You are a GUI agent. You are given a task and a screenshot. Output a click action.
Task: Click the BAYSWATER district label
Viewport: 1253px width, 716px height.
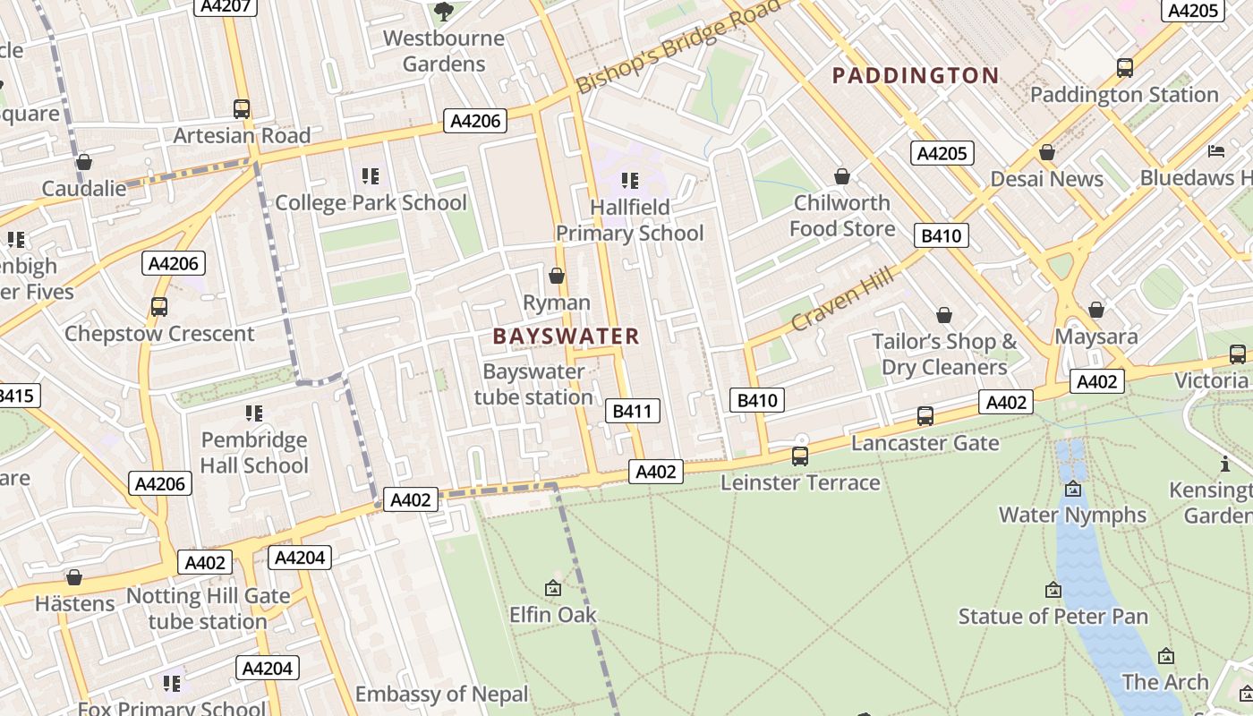pyautogui.click(x=566, y=337)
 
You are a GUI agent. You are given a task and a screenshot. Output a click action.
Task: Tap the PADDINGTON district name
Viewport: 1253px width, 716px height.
pyautogui.click(x=915, y=76)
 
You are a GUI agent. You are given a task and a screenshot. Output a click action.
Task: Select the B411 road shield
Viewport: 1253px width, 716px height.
pyautogui.click(x=633, y=411)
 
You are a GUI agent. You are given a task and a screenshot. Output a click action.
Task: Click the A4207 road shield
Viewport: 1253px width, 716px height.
pyautogui.click(x=226, y=6)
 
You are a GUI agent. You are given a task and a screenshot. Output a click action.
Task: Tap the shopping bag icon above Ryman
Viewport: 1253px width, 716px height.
pyautogui.click(x=557, y=276)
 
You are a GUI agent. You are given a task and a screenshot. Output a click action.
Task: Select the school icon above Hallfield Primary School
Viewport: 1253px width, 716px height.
pyautogui.click(x=630, y=181)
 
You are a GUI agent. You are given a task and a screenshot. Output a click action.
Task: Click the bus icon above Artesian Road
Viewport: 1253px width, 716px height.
pyautogui.click(x=242, y=109)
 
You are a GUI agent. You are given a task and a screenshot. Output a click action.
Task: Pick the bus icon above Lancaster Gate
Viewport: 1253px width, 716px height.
pyautogui.click(x=925, y=416)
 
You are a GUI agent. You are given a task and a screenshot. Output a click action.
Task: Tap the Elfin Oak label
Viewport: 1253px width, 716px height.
pyautogui.click(x=552, y=615)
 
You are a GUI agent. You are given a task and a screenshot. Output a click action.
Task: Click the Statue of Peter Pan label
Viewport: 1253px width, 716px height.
pyautogui.click(x=1053, y=617)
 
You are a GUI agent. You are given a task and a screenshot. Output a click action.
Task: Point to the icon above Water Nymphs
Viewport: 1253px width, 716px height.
pyautogui.click(x=1072, y=489)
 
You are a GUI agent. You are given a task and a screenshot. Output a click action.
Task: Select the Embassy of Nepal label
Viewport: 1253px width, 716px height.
pyautogui.click(x=441, y=695)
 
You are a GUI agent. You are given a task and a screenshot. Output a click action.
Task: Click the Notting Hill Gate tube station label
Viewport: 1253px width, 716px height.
pyautogui.click(x=208, y=609)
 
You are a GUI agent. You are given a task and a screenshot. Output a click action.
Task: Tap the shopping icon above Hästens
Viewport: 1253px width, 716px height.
pyautogui.click(x=74, y=578)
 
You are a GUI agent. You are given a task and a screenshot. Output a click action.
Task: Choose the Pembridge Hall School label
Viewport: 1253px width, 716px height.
pyautogui.click(x=254, y=453)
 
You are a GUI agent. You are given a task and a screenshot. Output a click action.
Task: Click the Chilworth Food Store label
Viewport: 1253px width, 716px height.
pyautogui.click(x=841, y=216)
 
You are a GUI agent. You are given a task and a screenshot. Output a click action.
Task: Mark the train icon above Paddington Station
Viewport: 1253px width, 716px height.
pyautogui.click(x=1124, y=68)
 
